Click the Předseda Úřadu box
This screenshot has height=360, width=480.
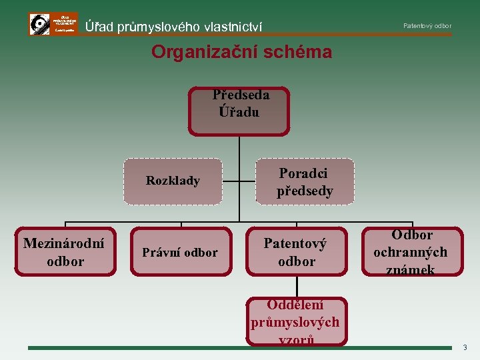pos(240,111)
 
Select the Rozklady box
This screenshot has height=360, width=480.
pos(173,181)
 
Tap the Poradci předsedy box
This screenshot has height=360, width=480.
pos(305,181)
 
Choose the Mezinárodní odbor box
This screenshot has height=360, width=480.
pos(65,251)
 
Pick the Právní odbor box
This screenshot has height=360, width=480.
pos(181,252)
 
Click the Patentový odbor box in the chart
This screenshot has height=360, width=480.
pos(296,252)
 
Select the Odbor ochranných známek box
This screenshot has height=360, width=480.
pos(411,251)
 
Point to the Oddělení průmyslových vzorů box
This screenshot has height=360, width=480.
pos(296,321)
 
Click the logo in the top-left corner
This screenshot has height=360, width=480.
pos(53,24)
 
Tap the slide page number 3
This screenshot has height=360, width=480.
pos(465,347)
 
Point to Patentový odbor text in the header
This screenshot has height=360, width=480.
pos(427,26)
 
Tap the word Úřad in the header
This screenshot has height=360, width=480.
pos(99,27)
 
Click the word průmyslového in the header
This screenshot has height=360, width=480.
pos(158,27)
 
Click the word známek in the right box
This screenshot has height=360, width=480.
pos(411,269)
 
